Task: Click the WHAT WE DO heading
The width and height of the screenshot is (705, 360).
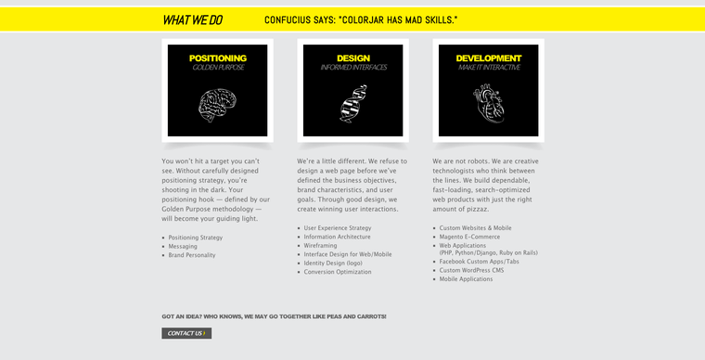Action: (192, 19)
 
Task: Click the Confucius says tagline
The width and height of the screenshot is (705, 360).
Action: (360, 19)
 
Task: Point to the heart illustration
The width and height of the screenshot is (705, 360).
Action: (488, 105)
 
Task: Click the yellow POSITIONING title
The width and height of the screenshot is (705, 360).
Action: (217, 58)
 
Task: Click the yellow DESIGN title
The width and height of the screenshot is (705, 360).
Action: (353, 58)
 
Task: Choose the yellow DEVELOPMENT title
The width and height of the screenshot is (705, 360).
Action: (489, 58)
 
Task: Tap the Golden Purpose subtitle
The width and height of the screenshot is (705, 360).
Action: (217, 68)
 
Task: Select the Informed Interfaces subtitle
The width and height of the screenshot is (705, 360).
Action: (353, 68)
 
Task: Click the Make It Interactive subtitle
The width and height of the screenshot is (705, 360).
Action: (489, 68)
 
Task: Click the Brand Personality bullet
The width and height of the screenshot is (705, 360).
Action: (192, 255)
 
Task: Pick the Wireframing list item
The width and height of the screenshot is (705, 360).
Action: (320, 246)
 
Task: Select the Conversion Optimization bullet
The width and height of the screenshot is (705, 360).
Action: (338, 272)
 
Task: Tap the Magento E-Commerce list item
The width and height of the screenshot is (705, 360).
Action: (469, 237)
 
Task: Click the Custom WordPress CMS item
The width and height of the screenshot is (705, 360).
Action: (471, 270)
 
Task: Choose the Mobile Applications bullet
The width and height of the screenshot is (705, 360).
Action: (466, 279)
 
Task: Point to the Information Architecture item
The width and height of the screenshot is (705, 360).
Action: (337, 237)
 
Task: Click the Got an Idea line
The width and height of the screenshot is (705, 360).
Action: (274, 316)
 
